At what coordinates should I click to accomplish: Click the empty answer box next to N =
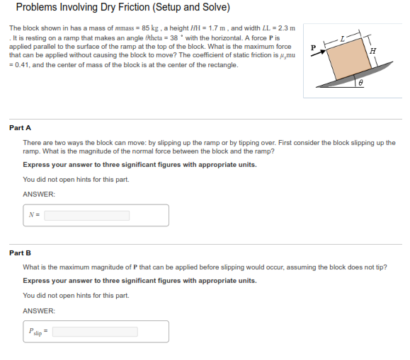point(106,215)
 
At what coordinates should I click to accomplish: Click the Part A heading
point(20,128)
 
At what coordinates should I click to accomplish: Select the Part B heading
point(20,252)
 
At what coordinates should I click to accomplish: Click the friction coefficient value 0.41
point(21,64)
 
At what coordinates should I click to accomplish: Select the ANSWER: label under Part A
point(39,194)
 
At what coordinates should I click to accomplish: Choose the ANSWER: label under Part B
point(39,310)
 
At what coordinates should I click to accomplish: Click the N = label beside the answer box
point(33,215)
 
